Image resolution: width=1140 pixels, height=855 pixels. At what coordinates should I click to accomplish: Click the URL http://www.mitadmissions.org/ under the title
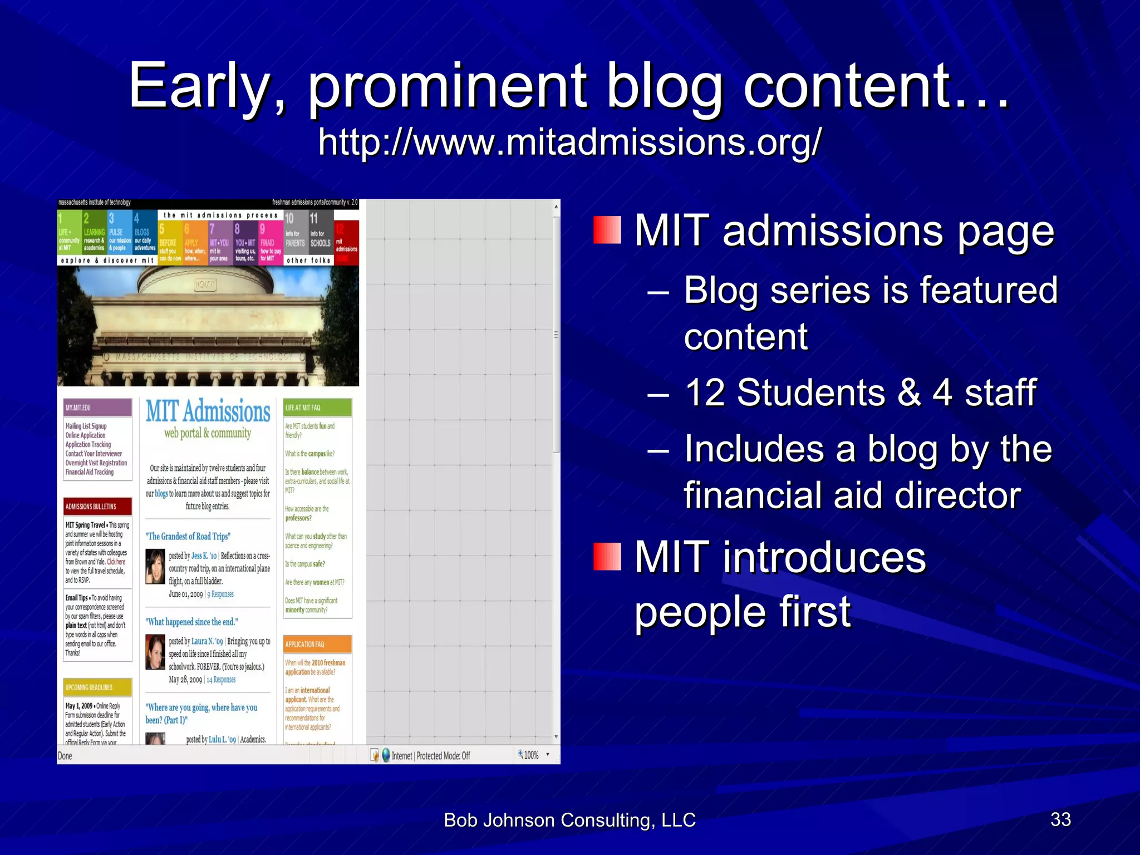tap(569, 142)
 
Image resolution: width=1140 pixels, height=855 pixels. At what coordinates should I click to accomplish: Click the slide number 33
tap(1060, 819)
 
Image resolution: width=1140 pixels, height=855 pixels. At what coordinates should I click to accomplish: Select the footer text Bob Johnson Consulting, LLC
tap(569, 820)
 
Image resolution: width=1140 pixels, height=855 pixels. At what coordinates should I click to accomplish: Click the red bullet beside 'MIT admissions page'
tap(607, 230)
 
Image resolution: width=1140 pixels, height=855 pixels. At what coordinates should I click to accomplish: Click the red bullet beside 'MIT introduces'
tap(607, 557)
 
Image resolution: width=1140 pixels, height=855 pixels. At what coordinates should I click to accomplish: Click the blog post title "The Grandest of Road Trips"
tap(188, 537)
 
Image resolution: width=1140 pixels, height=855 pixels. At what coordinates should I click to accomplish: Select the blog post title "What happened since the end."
tap(191, 622)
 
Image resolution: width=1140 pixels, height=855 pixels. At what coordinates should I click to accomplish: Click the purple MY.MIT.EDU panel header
tap(97, 407)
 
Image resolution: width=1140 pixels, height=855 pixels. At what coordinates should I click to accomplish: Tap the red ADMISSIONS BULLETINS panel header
tap(97, 507)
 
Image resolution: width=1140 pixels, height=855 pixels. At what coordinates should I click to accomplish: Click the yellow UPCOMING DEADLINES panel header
tap(97, 687)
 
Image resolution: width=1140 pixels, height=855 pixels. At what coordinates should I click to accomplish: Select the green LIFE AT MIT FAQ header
tap(317, 407)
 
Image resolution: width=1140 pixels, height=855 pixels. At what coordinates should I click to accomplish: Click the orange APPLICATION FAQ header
tap(317, 644)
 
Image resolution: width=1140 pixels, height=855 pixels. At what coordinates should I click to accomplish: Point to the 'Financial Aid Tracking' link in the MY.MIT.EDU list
tap(90, 472)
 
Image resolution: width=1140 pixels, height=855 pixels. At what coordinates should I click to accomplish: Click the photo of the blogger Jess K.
tap(155, 567)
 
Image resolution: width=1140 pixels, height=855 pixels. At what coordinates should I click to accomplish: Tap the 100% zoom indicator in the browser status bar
tap(531, 755)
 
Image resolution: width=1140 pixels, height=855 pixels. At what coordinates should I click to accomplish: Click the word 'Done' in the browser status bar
tap(65, 756)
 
